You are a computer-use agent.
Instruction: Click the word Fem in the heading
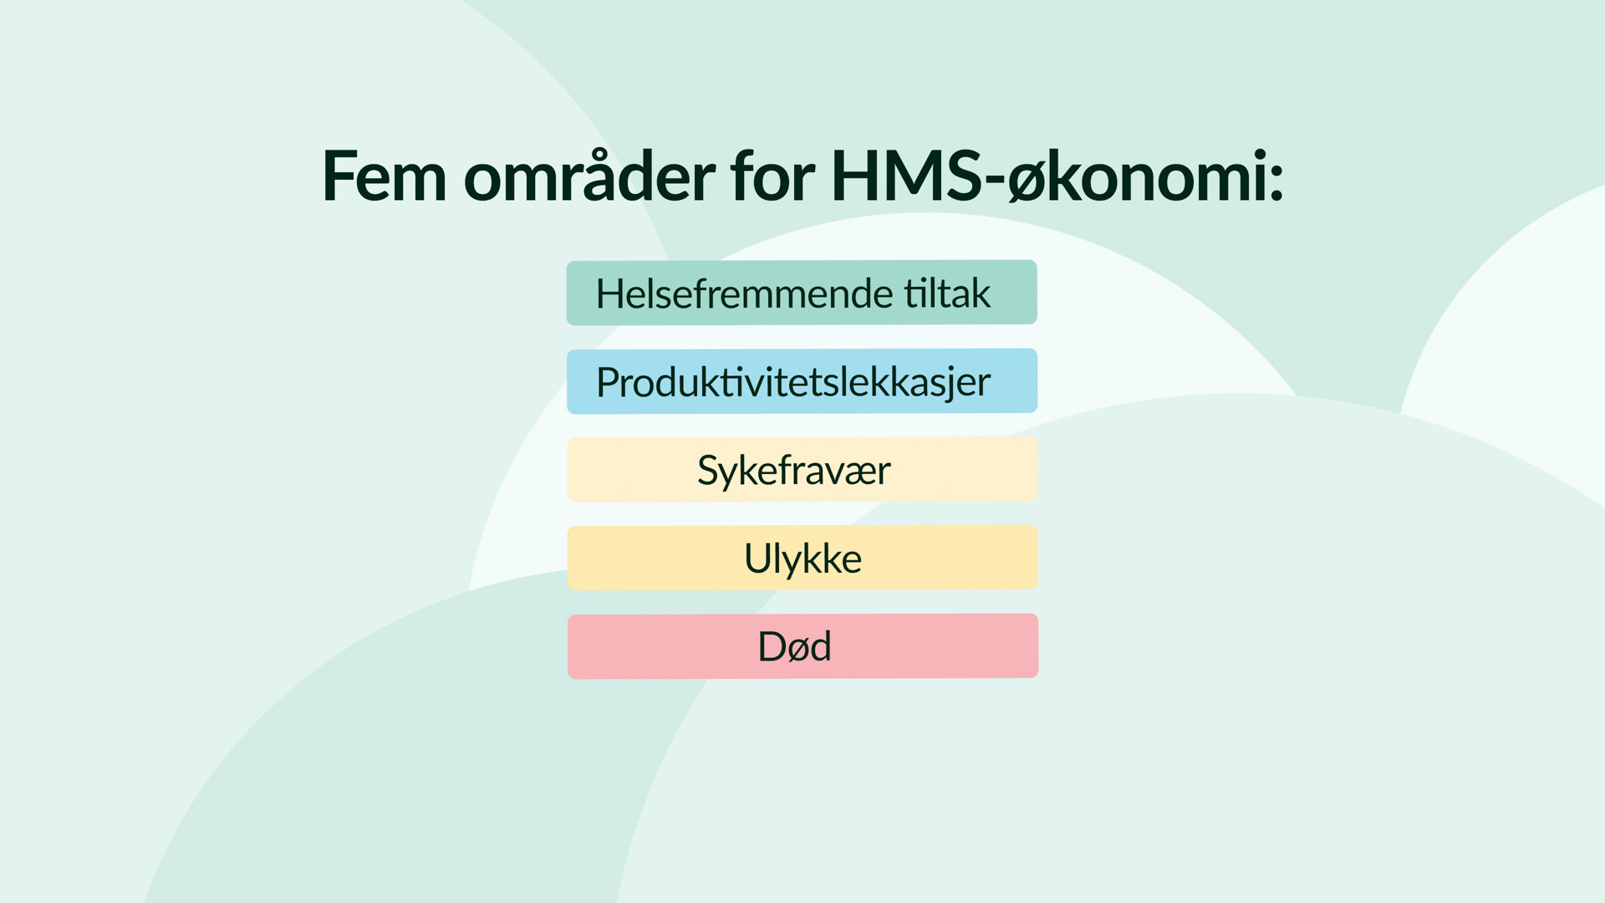pyautogui.click(x=385, y=176)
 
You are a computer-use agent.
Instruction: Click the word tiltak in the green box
pyautogui.click(x=947, y=293)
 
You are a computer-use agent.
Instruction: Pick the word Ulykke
pyautogui.click(x=802, y=559)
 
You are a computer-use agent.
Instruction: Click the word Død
pyautogui.click(x=794, y=646)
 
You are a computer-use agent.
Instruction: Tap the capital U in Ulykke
pyautogui.click(x=757, y=559)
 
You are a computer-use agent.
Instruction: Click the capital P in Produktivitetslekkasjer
pyautogui.click(x=608, y=382)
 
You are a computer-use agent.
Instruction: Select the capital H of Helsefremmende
pyautogui.click(x=610, y=293)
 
